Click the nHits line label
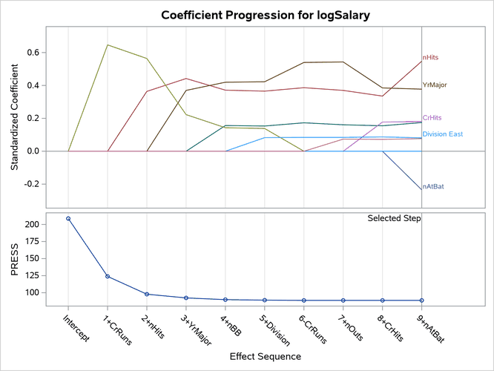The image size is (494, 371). point(430,57)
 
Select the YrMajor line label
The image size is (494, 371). point(435,85)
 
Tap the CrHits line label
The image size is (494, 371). point(432,118)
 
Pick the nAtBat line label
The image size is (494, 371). point(433,187)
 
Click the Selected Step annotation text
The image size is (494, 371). point(394,218)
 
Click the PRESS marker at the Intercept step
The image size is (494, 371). point(68,219)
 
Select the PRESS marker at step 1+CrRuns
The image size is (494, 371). point(108,276)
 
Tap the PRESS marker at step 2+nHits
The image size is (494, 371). point(147,295)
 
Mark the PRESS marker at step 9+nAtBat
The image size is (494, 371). point(421,301)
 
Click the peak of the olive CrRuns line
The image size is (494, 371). point(108,45)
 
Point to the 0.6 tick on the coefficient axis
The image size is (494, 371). point(33,52)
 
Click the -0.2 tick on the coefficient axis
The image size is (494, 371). point(32,184)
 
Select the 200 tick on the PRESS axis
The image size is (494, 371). point(31,224)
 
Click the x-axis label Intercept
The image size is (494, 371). point(76,327)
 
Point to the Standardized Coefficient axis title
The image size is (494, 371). point(15,117)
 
